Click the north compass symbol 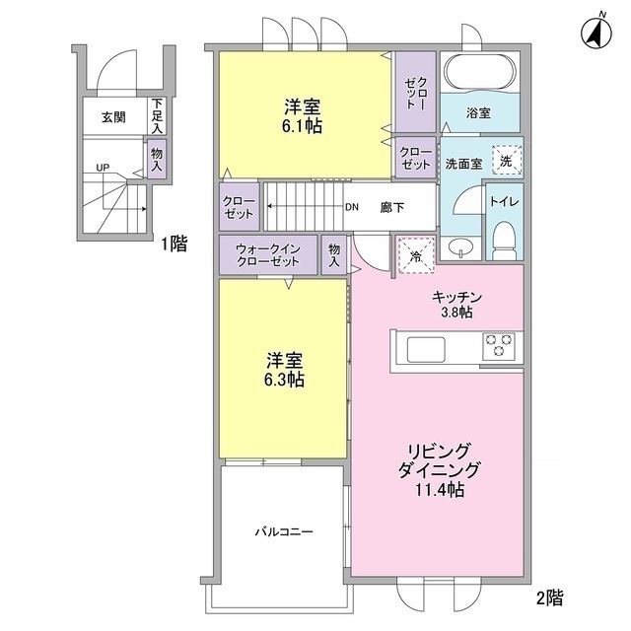click(x=594, y=32)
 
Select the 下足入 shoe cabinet click(x=157, y=114)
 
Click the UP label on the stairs click(x=103, y=167)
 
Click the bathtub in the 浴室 click(x=477, y=72)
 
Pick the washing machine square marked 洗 click(x=505, y=160)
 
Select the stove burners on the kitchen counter click(x=498, y=346)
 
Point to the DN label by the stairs click(x=352, y=208)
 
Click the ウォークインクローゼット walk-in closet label click(x=268, y=256)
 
